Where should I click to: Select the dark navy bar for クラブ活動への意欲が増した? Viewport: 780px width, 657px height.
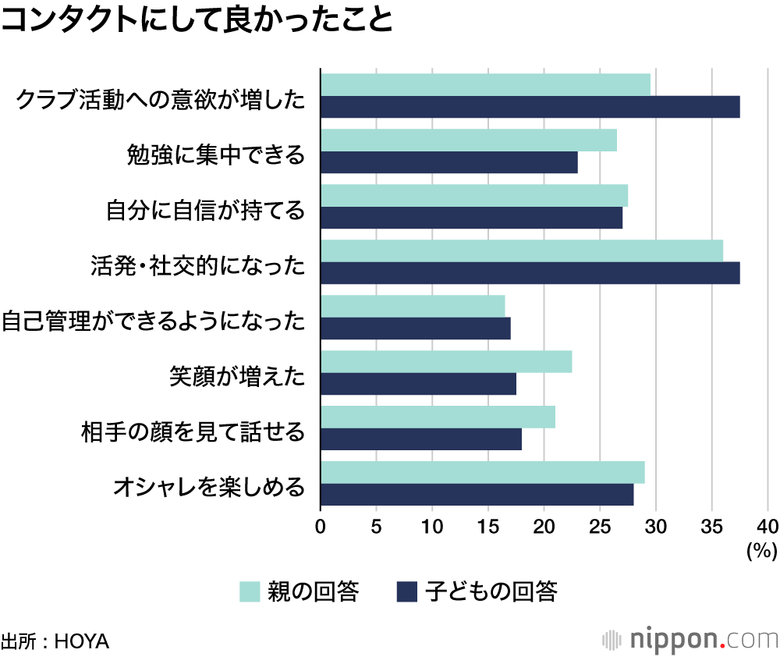530,107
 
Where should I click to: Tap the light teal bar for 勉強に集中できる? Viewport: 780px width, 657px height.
468,140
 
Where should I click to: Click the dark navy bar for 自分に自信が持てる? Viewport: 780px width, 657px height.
471,218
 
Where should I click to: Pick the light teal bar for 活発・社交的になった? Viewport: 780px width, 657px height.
521,251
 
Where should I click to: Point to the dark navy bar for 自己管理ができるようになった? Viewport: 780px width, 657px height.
415,328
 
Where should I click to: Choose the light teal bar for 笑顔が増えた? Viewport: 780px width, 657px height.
445,362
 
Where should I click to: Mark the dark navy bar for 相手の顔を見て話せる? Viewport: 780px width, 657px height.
420,439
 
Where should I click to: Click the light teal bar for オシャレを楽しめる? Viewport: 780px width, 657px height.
482,473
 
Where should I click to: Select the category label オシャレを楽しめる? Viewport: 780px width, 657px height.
208,488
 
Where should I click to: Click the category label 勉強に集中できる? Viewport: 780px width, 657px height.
215,154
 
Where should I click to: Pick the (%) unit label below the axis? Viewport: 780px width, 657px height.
762,552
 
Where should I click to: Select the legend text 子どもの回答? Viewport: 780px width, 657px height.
491,592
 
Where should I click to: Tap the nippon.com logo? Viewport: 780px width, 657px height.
690,639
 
